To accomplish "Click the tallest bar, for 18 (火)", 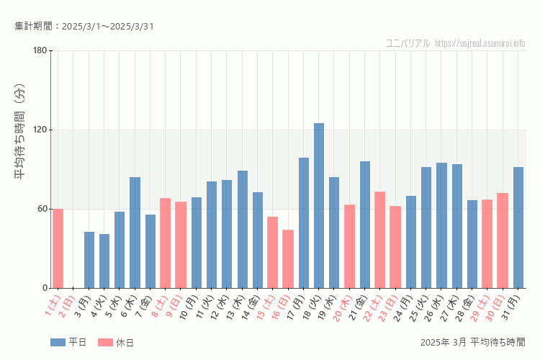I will tap(319, 206).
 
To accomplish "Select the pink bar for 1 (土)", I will tap(58, 248).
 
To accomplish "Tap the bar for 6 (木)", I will tap(135, 233).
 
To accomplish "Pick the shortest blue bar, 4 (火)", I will tap(104, 261).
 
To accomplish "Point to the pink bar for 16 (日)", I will tap(288, 259).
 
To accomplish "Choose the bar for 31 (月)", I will tap(518, 228).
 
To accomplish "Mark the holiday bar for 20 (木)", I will tap(349, 246).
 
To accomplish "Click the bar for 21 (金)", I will tap(365, 225).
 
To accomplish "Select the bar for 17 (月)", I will tap(304, 222).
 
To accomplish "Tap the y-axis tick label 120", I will tap(39, 130).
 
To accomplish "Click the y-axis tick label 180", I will tap(39, 50).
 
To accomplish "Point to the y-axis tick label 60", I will tap(42, 209).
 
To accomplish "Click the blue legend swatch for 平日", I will tap(58, 343).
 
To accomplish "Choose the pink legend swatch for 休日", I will tap(105, 343).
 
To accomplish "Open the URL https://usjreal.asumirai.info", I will tap(480, 43).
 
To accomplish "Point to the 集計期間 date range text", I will tap(84, 27).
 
